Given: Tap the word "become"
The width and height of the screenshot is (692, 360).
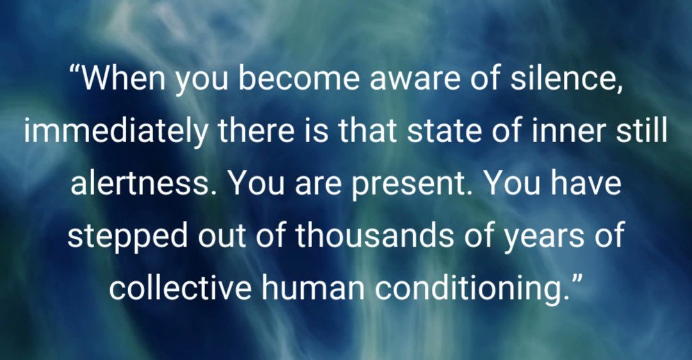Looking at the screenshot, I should click(x=281, y=79).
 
